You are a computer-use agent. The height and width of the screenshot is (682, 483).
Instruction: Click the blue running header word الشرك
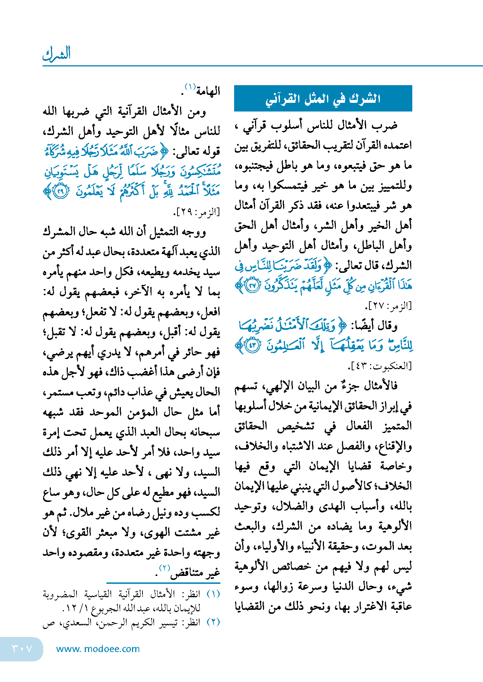(x=57, y=54)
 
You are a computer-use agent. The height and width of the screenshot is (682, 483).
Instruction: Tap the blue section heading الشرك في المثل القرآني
(x=323, y=99)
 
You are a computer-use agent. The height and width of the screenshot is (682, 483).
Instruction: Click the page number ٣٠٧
(x=22, y=648)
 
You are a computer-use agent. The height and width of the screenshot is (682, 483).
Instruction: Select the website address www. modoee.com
(x=98, y=649)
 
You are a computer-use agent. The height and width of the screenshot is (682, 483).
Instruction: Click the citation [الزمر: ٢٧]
(x=388, y=306)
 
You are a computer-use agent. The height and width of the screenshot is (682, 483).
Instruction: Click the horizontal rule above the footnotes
(x=163, y=583)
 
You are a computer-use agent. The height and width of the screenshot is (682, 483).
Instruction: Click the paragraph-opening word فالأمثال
(x=381, y=386)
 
